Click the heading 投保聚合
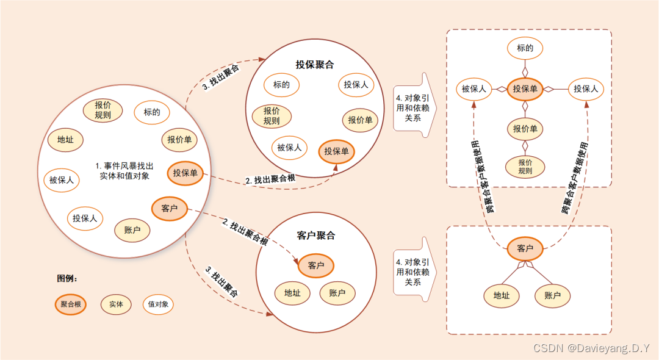pyautogui.click(x=315, y=64)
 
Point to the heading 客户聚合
pyautogui.click(x=316, y=236)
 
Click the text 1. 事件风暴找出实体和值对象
pyautogui.click(x=124, y=171)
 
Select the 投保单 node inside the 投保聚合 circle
pyautogui.click(x=337, y=151)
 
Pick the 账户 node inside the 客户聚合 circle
pyautogui.click(x=337, y=293)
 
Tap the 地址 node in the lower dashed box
pyautogui.click(x=502, y=296)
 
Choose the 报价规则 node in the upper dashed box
pyautogui.click(x=525, y=167)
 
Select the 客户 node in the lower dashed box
pyautogui.click(x=525, y=248)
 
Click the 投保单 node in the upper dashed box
pyautogui.click(x=525, y=89)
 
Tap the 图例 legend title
pyautogui.click(x=67, y=278)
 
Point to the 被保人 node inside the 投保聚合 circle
pyautogui.click(x=290, y=147)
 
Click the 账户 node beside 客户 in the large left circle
pyautogui.click(x=132, y=230)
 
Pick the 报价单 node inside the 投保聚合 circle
pyautogui.click(x=360, y=120)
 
